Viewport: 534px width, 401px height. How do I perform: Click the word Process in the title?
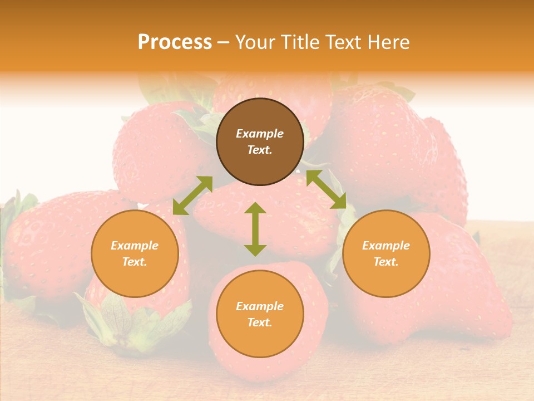[x=175, y=42]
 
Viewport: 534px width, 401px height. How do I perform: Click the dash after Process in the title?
[x=223, y=43]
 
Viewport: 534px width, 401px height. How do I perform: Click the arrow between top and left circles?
[x=192, y=195]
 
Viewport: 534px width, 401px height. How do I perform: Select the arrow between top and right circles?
[x=327, y=189]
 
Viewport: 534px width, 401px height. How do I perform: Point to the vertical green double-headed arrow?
[x=255, y=229]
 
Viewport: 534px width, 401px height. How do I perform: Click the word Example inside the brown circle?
[x=260, y=134]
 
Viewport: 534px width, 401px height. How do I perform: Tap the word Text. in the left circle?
[x=135, y=262]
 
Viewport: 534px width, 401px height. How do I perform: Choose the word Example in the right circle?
[x=386, y=246]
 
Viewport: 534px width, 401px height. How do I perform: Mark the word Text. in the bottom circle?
[x=260, y=322]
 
